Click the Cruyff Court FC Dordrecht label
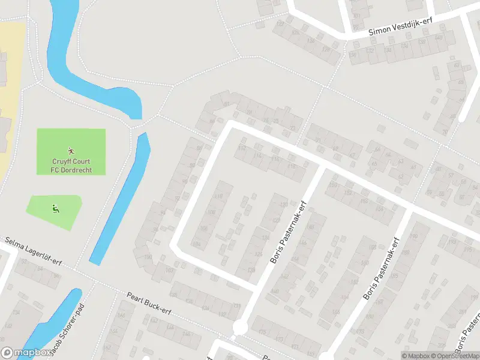pyautogui.click(x=71, y=166)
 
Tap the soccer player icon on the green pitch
pyautogui.click(x=71, y=151)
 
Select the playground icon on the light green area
pyautogui.click(x=55, y=208)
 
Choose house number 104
pyautogui.click(x=196, y=244)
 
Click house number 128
pyautogui.click(x=251, y=270)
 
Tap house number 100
pyautogui.click(x=148, y=257)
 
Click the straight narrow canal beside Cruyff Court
pyautogui.click(x=120, y=198)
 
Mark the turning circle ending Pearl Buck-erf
pyautogui.click(x=240, y=328)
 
